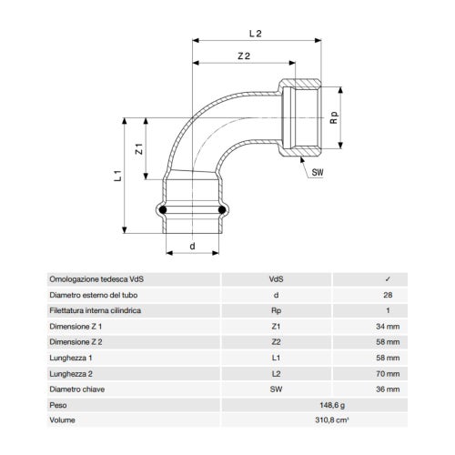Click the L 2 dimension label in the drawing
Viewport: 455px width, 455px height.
[256, 33]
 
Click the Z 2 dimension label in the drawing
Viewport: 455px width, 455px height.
[243, 56]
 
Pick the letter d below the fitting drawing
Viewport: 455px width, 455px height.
[192, 246]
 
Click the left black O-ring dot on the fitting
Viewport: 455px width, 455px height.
[164, 210]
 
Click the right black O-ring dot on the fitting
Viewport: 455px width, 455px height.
[220, 210]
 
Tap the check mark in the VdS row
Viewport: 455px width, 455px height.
[389, 279]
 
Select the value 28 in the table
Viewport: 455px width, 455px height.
[389, 295]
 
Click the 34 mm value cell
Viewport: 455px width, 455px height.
[389, 326]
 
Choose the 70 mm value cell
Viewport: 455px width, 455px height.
[389, 373]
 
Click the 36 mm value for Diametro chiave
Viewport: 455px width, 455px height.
[389, 389]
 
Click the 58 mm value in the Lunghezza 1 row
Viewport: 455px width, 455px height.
[389, 358]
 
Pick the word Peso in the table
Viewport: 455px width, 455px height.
[58, 405]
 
